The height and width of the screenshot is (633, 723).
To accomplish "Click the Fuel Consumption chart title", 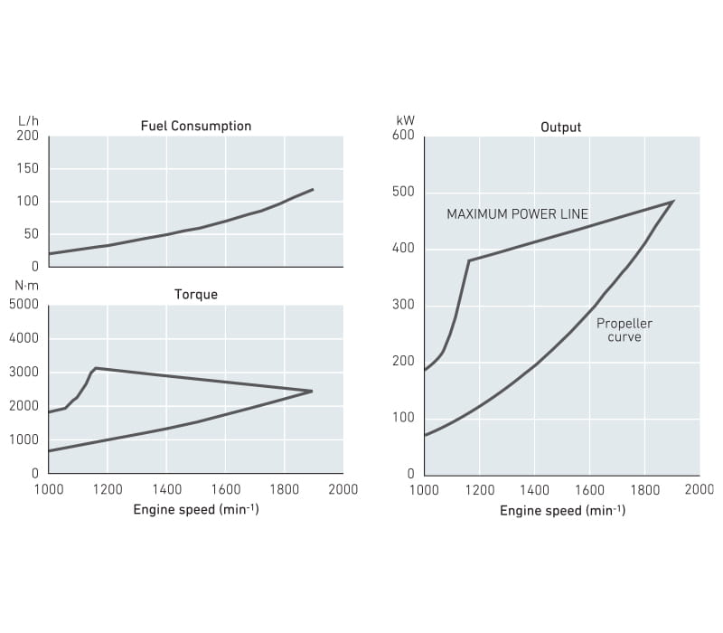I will [196, 126].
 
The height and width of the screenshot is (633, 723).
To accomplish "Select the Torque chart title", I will [196, 294].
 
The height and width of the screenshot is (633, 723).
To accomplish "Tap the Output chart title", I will [560, 127].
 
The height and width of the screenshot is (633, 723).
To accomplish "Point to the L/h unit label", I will [28, 120].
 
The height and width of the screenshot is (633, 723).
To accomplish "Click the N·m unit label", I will [28, 285].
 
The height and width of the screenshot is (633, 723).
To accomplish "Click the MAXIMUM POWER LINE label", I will [517, 214].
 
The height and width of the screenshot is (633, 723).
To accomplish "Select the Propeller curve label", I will [624, 330].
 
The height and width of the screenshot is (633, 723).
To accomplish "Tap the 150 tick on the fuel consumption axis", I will [28, 168].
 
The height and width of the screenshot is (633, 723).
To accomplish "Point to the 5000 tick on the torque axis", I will [24, 304].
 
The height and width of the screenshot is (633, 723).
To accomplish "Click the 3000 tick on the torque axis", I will [24, 372].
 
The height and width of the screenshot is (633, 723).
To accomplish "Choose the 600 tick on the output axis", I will [402, 136].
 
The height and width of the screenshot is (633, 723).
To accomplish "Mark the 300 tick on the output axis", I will [402, 305].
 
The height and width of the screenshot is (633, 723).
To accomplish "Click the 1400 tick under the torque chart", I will [166, 489].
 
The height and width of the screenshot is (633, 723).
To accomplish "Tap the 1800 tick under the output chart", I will [644, 489].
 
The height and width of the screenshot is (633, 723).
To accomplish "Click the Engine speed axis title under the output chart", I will [562, 510].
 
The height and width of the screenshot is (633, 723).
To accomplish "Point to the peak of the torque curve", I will [96, 368].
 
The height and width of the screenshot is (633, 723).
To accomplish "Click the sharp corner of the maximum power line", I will [469, 260].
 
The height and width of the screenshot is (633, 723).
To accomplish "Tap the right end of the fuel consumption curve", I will [313, 189].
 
